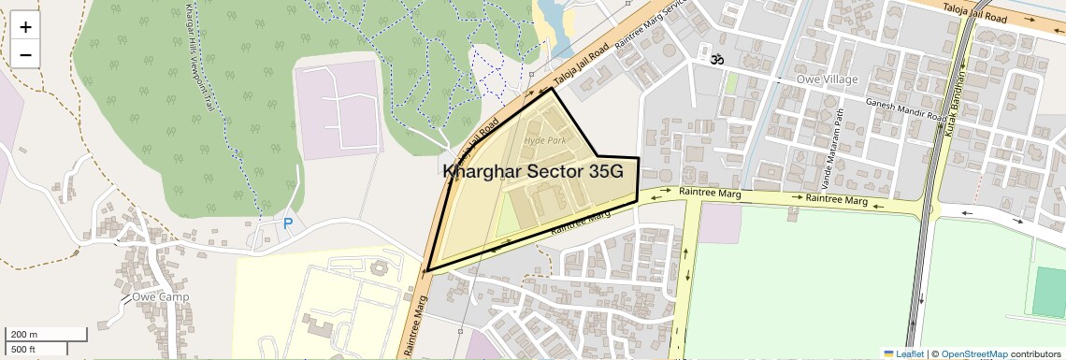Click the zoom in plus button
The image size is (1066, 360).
coord(25,26)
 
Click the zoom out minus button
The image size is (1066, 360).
coord(25,54)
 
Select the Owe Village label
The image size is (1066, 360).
coord(827,79)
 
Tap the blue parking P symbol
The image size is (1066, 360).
coord(288,223)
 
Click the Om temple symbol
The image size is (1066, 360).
coord(716,60)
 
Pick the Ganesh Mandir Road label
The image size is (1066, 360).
coord(903,109)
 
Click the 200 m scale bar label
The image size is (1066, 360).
coord(24,334)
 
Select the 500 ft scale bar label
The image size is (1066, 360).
coord(23,349)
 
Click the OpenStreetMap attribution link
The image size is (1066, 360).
coord(973,353)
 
